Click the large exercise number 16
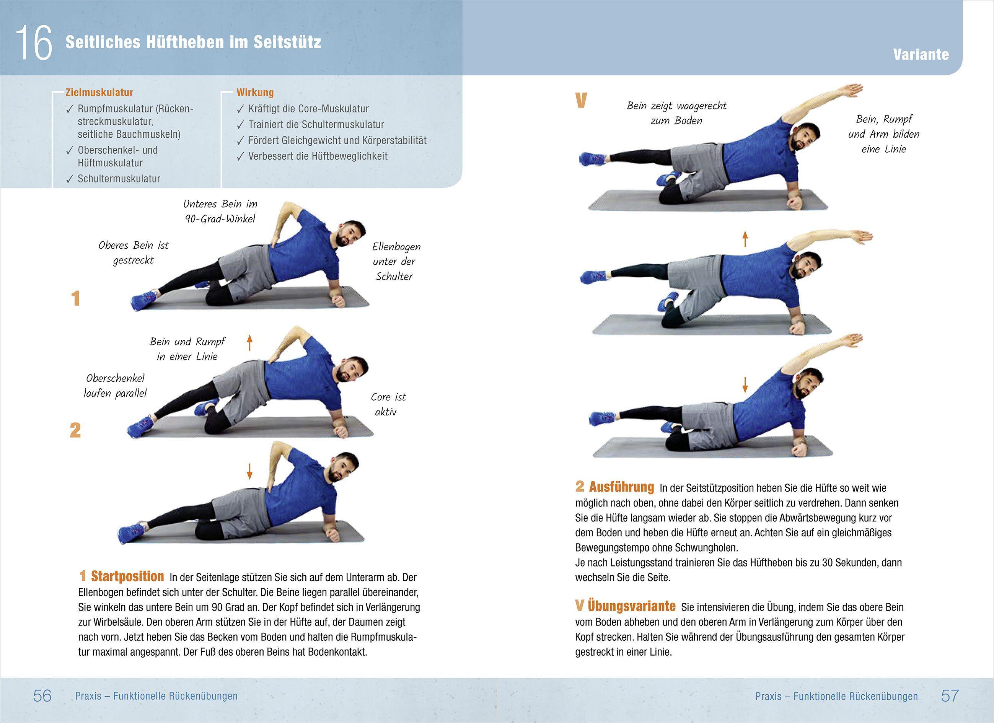click(x=34, y=43)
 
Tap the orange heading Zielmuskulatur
click(x=99, y=93)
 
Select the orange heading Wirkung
click(x=255, y=93)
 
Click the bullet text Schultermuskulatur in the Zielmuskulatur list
click(x=119, y=179)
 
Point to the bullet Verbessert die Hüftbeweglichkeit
click(x=318, y=156)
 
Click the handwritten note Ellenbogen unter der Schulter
click(x=395, y=262)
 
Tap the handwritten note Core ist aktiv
click(x=388, y=404)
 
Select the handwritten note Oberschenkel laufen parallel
click(x=115, y=386)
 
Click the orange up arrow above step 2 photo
click(x=250, y=343)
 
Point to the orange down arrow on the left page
click(x=249, y=471)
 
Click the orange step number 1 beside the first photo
click(x=75, y=299)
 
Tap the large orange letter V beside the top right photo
click(x=581, y=101)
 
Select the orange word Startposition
click(x=127, y=576)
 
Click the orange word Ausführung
click(x=621, y=487)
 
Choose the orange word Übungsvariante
click(x=632, y=606)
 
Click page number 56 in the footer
click(x=42, y=695)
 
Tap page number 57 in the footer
click(x=950, y=695)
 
